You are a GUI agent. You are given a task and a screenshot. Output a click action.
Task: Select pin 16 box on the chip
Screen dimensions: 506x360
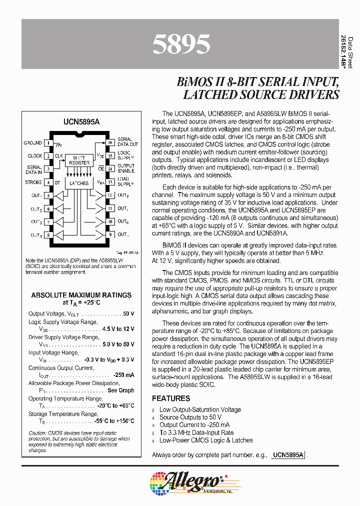[x=110, y=143]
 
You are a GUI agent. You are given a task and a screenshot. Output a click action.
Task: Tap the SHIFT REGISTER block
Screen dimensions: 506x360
[x=79, y=160]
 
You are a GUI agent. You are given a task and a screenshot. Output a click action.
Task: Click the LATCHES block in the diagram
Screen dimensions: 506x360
[x=79, y=183]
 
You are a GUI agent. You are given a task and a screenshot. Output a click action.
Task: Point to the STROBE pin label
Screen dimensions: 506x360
[x=33, y=182]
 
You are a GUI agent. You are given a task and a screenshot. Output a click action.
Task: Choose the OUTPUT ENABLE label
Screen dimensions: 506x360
[x=126, y=169]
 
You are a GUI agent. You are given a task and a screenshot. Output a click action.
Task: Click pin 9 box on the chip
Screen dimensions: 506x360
[x=110, y=234]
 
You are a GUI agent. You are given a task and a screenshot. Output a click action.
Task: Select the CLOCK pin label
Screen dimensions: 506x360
[x=34, y=156]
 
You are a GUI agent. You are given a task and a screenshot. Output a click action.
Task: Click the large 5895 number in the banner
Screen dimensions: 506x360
[x=180, y=44]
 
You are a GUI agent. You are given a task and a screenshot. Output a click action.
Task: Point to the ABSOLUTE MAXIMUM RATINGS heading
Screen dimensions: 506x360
[x=81, y=295]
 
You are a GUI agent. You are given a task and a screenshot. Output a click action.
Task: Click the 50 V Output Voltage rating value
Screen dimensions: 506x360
[x=128, y=313]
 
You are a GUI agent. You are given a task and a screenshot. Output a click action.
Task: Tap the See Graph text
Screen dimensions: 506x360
[x=121, y=390]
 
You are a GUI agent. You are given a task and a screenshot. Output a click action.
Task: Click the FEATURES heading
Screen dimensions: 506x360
[x=171, y=398]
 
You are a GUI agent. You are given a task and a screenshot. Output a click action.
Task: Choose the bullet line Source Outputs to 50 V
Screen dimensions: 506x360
[x=190, y=417]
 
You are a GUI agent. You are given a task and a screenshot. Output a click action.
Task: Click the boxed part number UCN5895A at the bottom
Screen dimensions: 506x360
[x=288, y=455]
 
